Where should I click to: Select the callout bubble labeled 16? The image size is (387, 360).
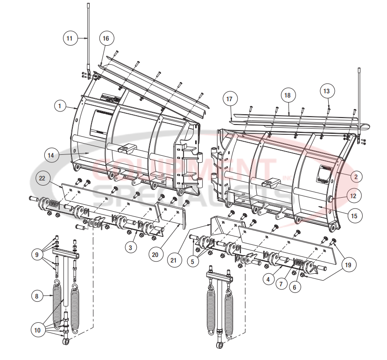click(x=106, y=38)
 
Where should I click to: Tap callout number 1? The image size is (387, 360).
click(x=60, y=106)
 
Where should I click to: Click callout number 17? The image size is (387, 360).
click(x=229, y=99)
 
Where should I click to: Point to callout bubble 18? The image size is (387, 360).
click(x=288, y=95)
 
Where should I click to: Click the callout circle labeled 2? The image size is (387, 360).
click(x=355, y=177)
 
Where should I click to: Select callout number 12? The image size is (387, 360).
click(x=353, y=196)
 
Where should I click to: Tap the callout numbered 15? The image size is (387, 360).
click(x=354, y=216)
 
